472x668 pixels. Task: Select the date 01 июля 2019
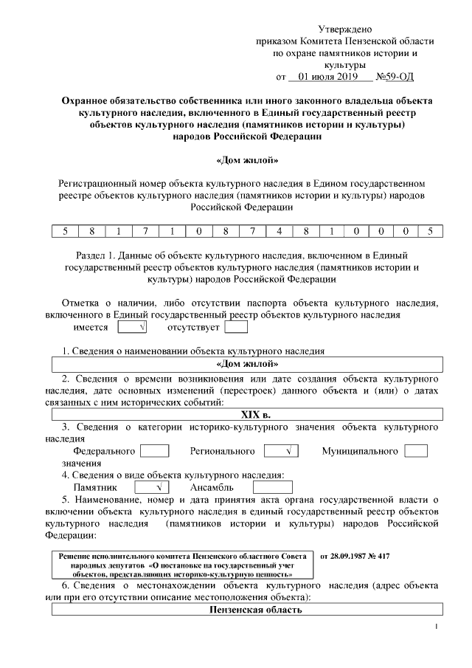(323, 76)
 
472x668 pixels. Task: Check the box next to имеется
(131, 327)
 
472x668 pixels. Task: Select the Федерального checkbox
(155, 450)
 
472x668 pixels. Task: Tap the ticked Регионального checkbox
(281, 450)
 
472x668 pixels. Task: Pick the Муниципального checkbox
(416, 450)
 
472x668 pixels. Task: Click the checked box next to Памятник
(152, 487)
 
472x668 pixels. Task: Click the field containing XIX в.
(246, 414)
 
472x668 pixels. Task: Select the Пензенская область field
(246, 609)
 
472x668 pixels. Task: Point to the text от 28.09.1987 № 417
(355, 554)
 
